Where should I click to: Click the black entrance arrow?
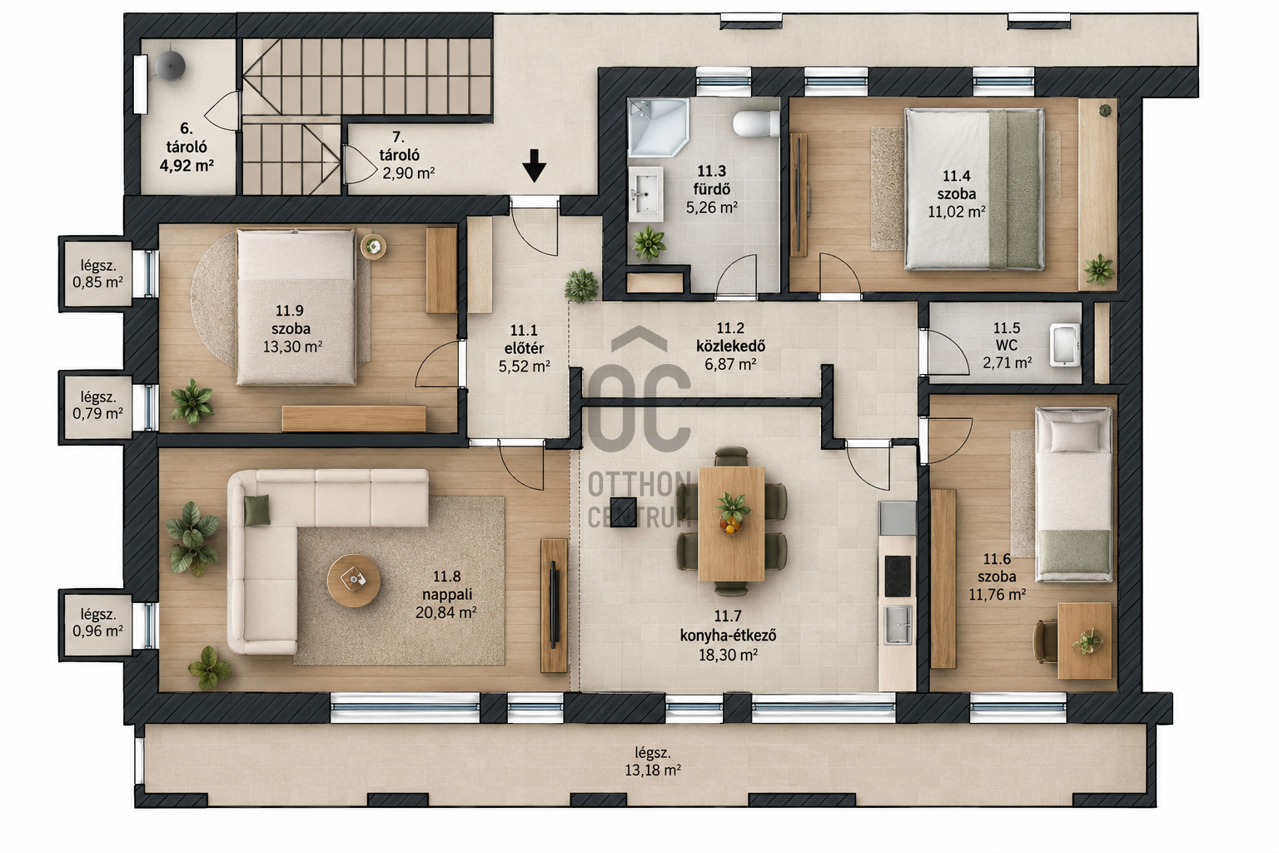534,165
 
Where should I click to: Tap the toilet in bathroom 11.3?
756,123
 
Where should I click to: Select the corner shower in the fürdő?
658,127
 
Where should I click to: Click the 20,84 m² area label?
446,612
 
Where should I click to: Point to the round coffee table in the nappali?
353,581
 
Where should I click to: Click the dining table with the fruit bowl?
731,523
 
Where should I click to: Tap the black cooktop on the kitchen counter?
898,576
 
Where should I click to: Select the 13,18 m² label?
653,771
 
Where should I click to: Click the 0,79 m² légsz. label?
97,412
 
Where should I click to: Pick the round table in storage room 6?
170,66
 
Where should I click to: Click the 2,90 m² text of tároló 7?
408,172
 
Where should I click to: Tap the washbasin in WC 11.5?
1065,345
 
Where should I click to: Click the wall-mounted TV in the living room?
553,605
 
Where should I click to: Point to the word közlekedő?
730,346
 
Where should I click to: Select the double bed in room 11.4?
974,189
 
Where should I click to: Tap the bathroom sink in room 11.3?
646,194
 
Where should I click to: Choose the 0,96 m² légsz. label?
97,631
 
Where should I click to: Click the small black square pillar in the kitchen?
623,511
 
